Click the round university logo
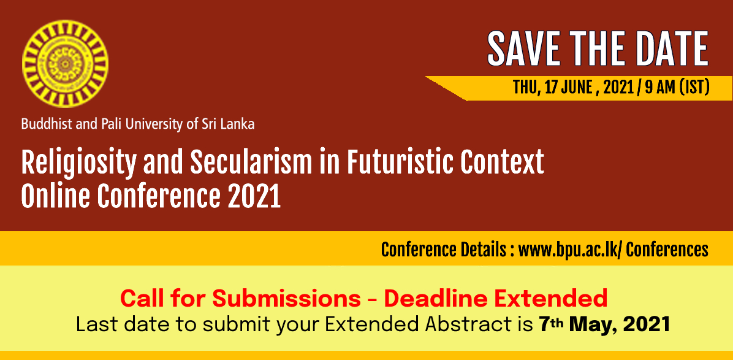tap(65, 64)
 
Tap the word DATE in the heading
tap(671, 48)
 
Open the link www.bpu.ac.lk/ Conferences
tap(613, 250)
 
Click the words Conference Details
tap(444, 250)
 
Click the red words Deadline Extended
tap(496, 299)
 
